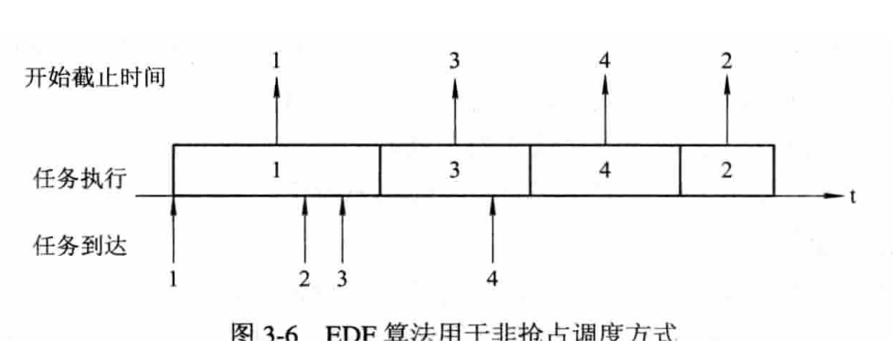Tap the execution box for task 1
[x=276, y=170]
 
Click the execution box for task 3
[x=454, y=170]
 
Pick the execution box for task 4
[x=604, y=170]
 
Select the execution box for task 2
[x=727, y=170]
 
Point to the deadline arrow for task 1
[x=276, y=110]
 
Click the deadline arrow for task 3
[x=454, y=110]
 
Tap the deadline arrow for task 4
[x=604, y=110]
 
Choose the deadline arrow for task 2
[x=727, y=110]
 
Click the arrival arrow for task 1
[x=173, y=228]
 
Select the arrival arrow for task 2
[x=305, y=228]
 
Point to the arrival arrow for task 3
[x=343, y=228]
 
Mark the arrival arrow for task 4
[x=492, y=228]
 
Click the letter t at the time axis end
[x=852, y=196]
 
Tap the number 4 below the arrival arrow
[x=492, y=279]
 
